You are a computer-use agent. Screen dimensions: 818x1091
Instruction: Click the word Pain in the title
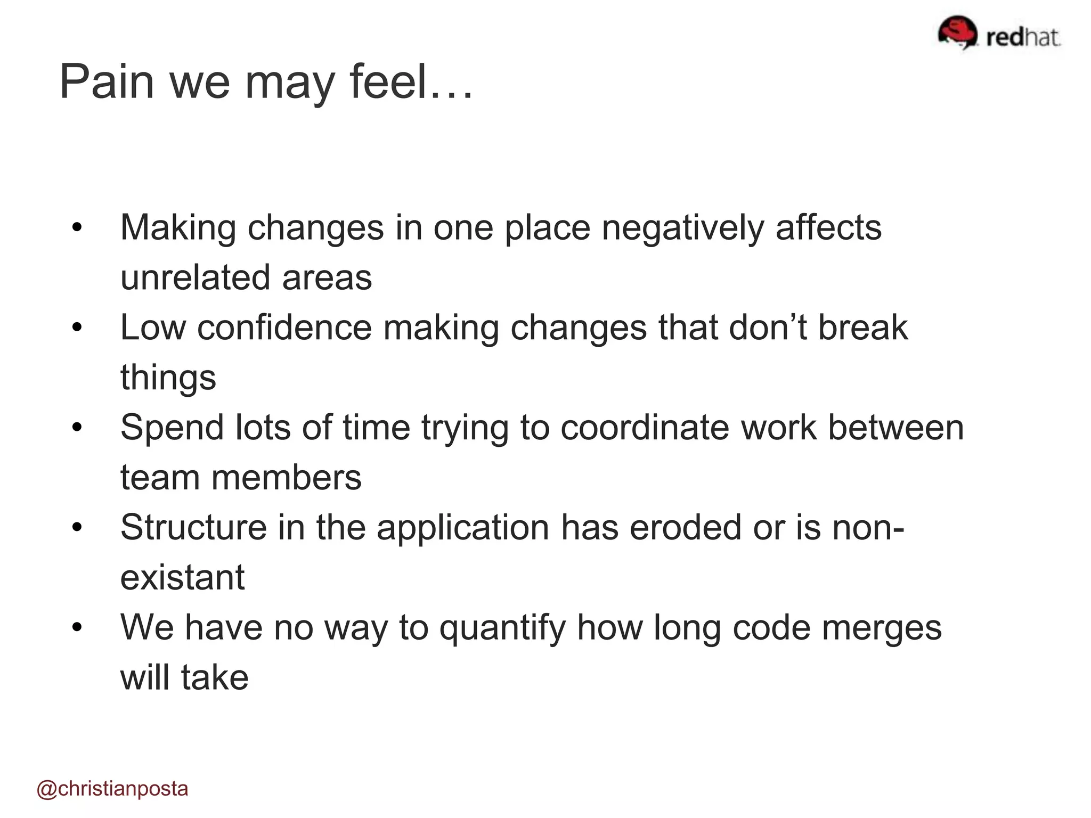(x=107, y=82)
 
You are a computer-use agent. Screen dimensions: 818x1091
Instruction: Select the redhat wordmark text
(x=1023, y=37)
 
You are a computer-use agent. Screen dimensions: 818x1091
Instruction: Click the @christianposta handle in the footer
(x=112, y=789)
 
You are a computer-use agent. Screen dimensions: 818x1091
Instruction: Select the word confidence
(x=284, y=328)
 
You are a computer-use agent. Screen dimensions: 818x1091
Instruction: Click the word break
(x=862, y=328)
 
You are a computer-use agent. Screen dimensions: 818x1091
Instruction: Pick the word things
(x=168, y=378)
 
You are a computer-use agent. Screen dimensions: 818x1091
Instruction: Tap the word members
(x=286, y=478)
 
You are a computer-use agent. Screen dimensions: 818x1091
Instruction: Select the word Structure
(x=193, y=528)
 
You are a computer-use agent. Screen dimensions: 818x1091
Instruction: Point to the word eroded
(x=685, y=528)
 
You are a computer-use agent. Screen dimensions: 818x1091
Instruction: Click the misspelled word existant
(x=182, y=577)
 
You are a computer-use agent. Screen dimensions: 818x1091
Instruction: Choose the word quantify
(x=502, y=628)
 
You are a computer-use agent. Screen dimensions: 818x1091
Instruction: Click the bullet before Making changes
(x=77, y=228)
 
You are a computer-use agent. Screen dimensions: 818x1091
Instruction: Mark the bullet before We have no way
(x=77, y=628)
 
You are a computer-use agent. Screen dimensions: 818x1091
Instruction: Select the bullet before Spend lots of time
(x=77, y=428)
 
